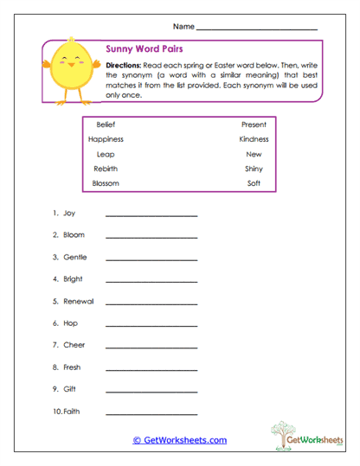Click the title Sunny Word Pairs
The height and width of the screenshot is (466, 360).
coord(143,49)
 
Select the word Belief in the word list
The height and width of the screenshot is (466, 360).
coord(106,124)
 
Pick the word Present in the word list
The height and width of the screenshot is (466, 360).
coord(252,124)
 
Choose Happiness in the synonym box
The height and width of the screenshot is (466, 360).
coord(106,139)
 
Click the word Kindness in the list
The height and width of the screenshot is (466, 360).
coord(254,139)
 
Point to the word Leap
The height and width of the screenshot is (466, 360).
coord(106,154)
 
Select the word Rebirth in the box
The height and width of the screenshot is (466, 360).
coord(106,169)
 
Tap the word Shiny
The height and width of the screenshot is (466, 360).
coord(254,169)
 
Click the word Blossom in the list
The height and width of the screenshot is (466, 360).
coord(106,183)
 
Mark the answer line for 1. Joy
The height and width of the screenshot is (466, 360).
coord(151,214)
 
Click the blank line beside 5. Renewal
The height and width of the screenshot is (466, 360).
coord(151,303)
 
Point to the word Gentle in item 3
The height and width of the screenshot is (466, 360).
coord(75,257)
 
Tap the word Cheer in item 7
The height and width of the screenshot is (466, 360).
coord(74,345)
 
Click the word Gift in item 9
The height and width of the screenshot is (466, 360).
coord(70,389)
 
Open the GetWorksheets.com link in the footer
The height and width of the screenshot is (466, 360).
coord(180,440)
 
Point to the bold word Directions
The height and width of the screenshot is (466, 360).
coord(124,66)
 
